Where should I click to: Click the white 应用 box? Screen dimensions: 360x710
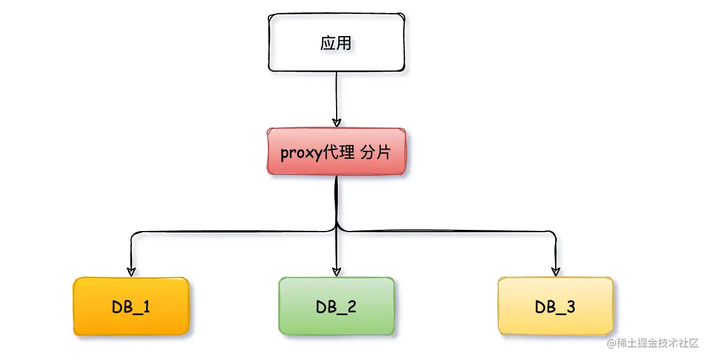[x=336, y=44]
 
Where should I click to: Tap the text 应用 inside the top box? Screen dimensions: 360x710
[x=336, y=44]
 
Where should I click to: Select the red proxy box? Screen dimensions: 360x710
[x=336, y=152]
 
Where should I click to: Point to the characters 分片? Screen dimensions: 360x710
[x=376, y=152]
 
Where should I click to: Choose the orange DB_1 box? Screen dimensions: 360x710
[x=131, y=306]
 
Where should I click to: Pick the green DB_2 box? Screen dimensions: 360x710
[x=337, y=306]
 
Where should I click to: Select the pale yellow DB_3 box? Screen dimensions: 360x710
[x=555, y=306]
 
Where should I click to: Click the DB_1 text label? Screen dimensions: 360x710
[x=131, y=307]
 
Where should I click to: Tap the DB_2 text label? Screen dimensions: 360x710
[x=336, y=307]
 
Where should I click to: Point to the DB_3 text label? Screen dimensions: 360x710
[x=555, y=307]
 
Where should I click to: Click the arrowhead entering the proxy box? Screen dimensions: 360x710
[x=337, y=122]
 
